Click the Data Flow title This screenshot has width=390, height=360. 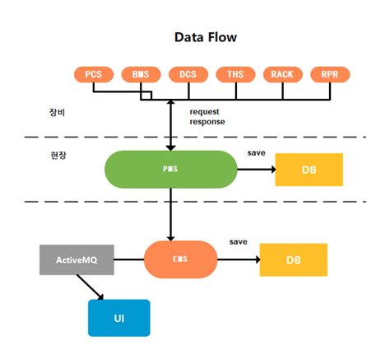[x=206, y=37]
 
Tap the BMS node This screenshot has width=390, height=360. [x=141, y=74]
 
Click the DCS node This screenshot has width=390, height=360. [x=188, y=74]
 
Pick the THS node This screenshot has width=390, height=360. [x=234, y=74]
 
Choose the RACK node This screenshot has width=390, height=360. [x=282, y=74]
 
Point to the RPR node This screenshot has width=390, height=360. [x=330, y=74]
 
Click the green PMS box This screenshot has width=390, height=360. [x=170, y=169]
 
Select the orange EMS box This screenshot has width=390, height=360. [x=180, y=259]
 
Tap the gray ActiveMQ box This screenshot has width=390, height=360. [x=77, y=259]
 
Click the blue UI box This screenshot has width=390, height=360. [x=119, y=317]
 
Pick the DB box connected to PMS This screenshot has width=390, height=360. [x=309, y=170]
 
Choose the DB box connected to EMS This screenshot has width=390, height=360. [x=293, y=259]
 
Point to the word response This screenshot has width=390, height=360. [x=207, y=121]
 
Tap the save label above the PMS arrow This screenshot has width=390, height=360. [x=256, y=153]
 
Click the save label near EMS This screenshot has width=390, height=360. [x=239, y=242]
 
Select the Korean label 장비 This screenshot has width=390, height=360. [x=58, y=112]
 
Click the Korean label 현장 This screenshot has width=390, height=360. [x=58, y=155]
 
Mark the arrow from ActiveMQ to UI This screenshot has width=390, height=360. [x=91, y=288]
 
